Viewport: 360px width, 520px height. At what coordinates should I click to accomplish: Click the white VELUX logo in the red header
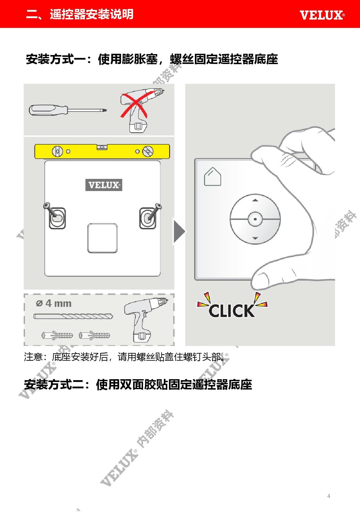pos(322,15)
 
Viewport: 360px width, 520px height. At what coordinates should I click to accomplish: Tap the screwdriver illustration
pos(68,110)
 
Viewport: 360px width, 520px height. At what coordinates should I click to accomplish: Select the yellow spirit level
pos(102,151)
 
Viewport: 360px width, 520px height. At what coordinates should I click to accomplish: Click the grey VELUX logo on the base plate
pos(104,185)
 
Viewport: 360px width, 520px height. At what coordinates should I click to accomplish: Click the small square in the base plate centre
pos(102,238)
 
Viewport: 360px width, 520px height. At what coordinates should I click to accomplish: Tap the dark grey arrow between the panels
pos(179,231)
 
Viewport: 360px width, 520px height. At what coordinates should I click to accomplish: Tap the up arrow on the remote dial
pos(255,200)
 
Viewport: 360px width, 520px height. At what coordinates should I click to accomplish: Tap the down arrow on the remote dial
pos(255,238)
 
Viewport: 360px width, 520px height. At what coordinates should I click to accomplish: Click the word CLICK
pos(231,311)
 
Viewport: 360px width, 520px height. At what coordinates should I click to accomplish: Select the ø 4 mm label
pos(54,303)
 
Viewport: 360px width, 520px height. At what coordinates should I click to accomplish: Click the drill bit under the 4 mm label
pos(73,316)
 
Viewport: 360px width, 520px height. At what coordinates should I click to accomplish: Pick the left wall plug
pos(57,335)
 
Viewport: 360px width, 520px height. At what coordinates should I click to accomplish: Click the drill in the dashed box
pos(145,319)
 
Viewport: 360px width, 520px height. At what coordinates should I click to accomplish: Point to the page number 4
pos(329,496)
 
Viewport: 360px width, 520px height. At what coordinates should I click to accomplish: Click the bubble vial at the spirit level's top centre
pos(102,147)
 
